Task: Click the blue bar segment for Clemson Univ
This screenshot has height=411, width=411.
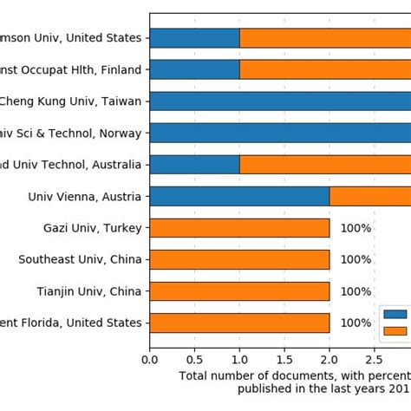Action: pyautogui.click(x=194, y=37)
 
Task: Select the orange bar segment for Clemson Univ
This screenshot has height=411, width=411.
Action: pyautogui.click(x=325, y=37)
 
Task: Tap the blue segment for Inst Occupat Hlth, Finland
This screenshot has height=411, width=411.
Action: pyautogui.click(x=194, y=69)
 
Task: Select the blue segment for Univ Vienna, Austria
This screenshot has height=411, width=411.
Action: pyautogui.click(x=239, y=196)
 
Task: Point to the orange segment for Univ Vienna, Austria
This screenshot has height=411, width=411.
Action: pyautogui.click(x=370, y=196)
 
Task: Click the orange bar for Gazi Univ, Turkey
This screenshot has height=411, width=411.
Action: pyautogui.click(x=239, y=228)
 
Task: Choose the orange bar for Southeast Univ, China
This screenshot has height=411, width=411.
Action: pyautogui.click(x=239, y=259)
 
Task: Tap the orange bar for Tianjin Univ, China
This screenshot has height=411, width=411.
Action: pyautogui.click(x=239, y=291)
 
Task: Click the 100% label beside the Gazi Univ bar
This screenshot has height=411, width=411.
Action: pyautogui.click(x=356, y=228)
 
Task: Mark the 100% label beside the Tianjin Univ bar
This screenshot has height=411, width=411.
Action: pyautogui.click(x=356, y=291)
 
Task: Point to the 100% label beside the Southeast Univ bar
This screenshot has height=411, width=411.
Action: pyautogui.click(x=356, y=259)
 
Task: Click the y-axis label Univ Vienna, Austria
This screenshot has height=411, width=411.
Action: pyautogui.click(x=85, y=196)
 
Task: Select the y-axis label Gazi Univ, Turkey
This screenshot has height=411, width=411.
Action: pyautogui.click(x=92, y=228)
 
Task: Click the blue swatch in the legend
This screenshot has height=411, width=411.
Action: pyautogui.click(x=395, y=314)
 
